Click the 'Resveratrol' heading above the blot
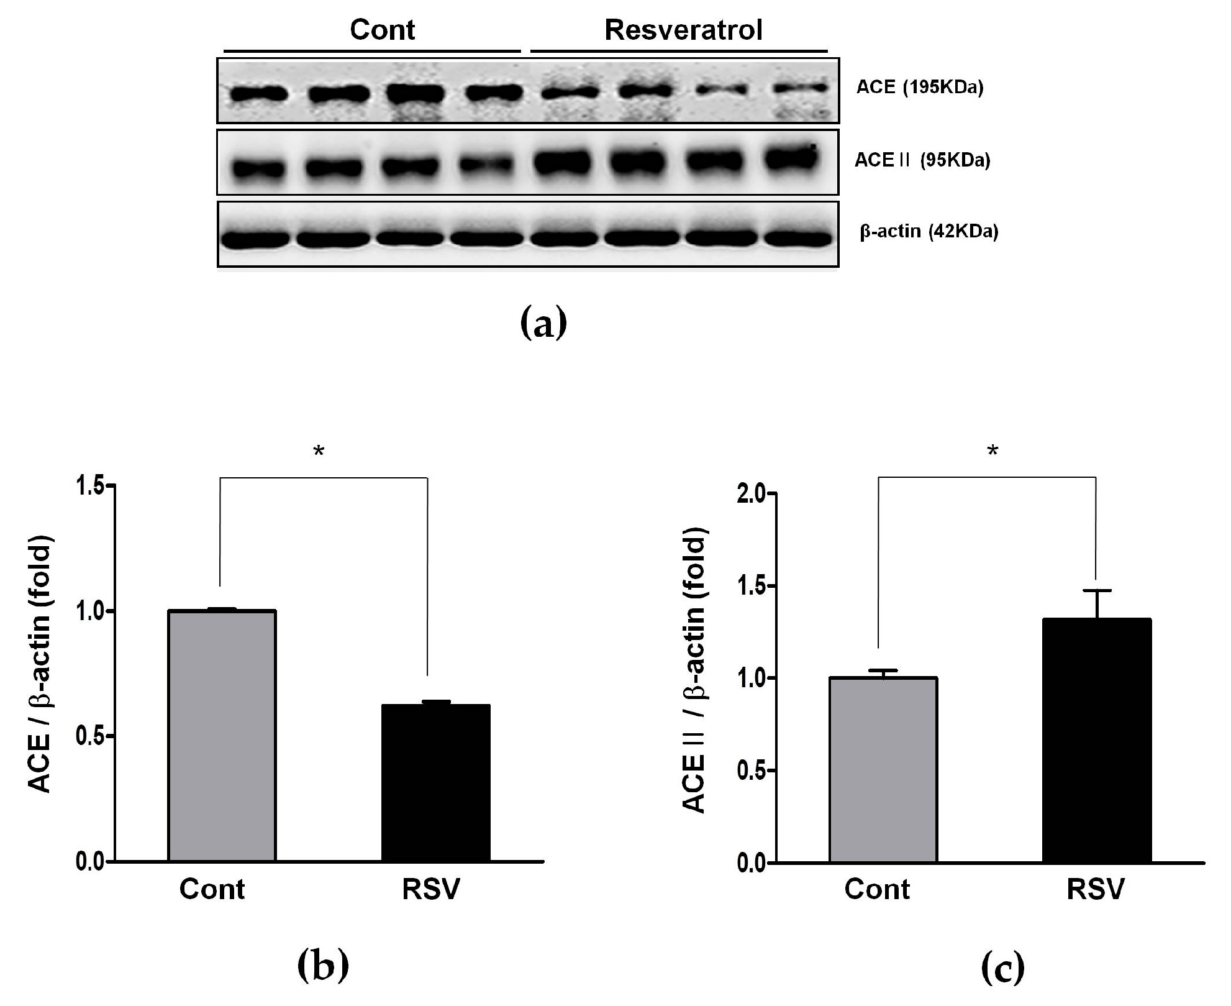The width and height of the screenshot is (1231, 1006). (683, 30)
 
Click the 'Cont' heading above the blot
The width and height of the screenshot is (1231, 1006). (382, 30)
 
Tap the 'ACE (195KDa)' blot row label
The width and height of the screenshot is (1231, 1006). (920, 88)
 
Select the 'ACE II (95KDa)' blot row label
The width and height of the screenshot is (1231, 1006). (922, 160)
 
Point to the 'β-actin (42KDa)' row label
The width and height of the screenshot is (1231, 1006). (929, 232)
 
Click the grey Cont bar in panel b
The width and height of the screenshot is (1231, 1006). (222, 736)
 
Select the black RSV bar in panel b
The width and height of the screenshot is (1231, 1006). (435, 783)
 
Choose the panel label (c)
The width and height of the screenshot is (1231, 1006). (1003, 968)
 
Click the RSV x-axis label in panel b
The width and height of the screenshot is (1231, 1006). (430, 890)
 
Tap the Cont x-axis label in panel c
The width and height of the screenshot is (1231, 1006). (876, 890)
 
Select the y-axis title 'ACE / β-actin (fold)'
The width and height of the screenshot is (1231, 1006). (40, 665)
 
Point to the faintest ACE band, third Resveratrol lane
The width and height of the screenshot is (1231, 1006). (720, 90)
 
